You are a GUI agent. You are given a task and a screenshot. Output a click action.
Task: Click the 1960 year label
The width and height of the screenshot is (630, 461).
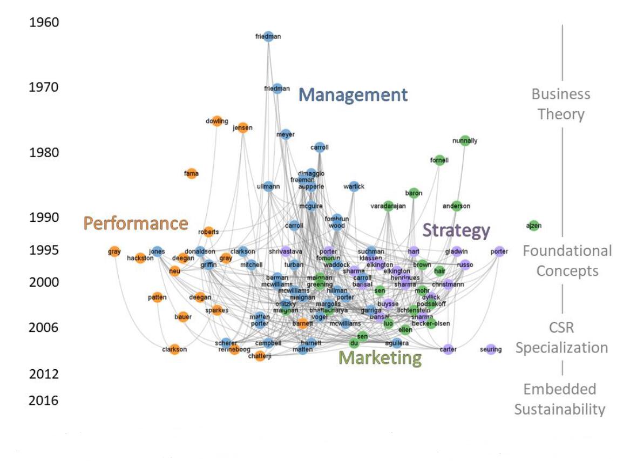(44, 23)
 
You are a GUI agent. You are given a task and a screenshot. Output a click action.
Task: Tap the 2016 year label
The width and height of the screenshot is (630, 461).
(44, 401)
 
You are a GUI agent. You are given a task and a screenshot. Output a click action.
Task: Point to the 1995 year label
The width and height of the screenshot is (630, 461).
(44, 250)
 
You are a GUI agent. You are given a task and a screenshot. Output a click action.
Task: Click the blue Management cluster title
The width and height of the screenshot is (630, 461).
(353, 96)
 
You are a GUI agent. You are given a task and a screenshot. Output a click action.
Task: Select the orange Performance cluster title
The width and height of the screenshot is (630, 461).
(136, 223)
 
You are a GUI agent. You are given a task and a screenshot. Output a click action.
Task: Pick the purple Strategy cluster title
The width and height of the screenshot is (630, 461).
(456, 231)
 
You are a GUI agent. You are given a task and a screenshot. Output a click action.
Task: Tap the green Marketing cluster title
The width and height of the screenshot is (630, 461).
(380, 357)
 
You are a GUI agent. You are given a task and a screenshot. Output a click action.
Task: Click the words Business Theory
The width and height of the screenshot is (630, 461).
(561, 104)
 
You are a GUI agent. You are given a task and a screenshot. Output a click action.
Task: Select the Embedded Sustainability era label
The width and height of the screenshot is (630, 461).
(559, 399)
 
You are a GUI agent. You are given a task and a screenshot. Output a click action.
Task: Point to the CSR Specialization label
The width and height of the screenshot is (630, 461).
(561, 337)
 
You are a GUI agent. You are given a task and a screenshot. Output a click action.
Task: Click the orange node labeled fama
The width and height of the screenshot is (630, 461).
(191, 173)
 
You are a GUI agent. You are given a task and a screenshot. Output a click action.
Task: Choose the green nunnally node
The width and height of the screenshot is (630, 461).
(465, 141)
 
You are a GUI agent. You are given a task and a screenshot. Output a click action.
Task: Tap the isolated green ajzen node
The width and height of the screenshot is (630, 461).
(534, 226)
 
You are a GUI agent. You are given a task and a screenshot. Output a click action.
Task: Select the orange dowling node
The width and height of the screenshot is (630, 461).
(216, 121)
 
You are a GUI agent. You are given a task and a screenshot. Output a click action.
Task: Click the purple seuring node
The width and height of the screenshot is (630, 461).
(490, 349)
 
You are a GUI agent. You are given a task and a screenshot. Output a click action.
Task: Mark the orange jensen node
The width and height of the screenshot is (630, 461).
(243, 128)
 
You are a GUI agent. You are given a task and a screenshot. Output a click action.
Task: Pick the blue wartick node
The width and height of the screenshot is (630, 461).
(354, 187)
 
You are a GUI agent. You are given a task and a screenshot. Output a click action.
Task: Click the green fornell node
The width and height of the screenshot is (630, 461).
(439, 160)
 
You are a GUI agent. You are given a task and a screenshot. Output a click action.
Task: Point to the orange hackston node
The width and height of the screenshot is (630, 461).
(140, 258)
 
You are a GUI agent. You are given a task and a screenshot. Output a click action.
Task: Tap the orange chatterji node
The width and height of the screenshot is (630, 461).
(260, 356)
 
